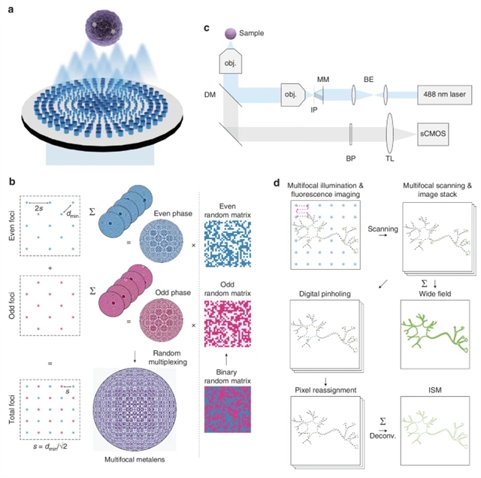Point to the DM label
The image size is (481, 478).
210,95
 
